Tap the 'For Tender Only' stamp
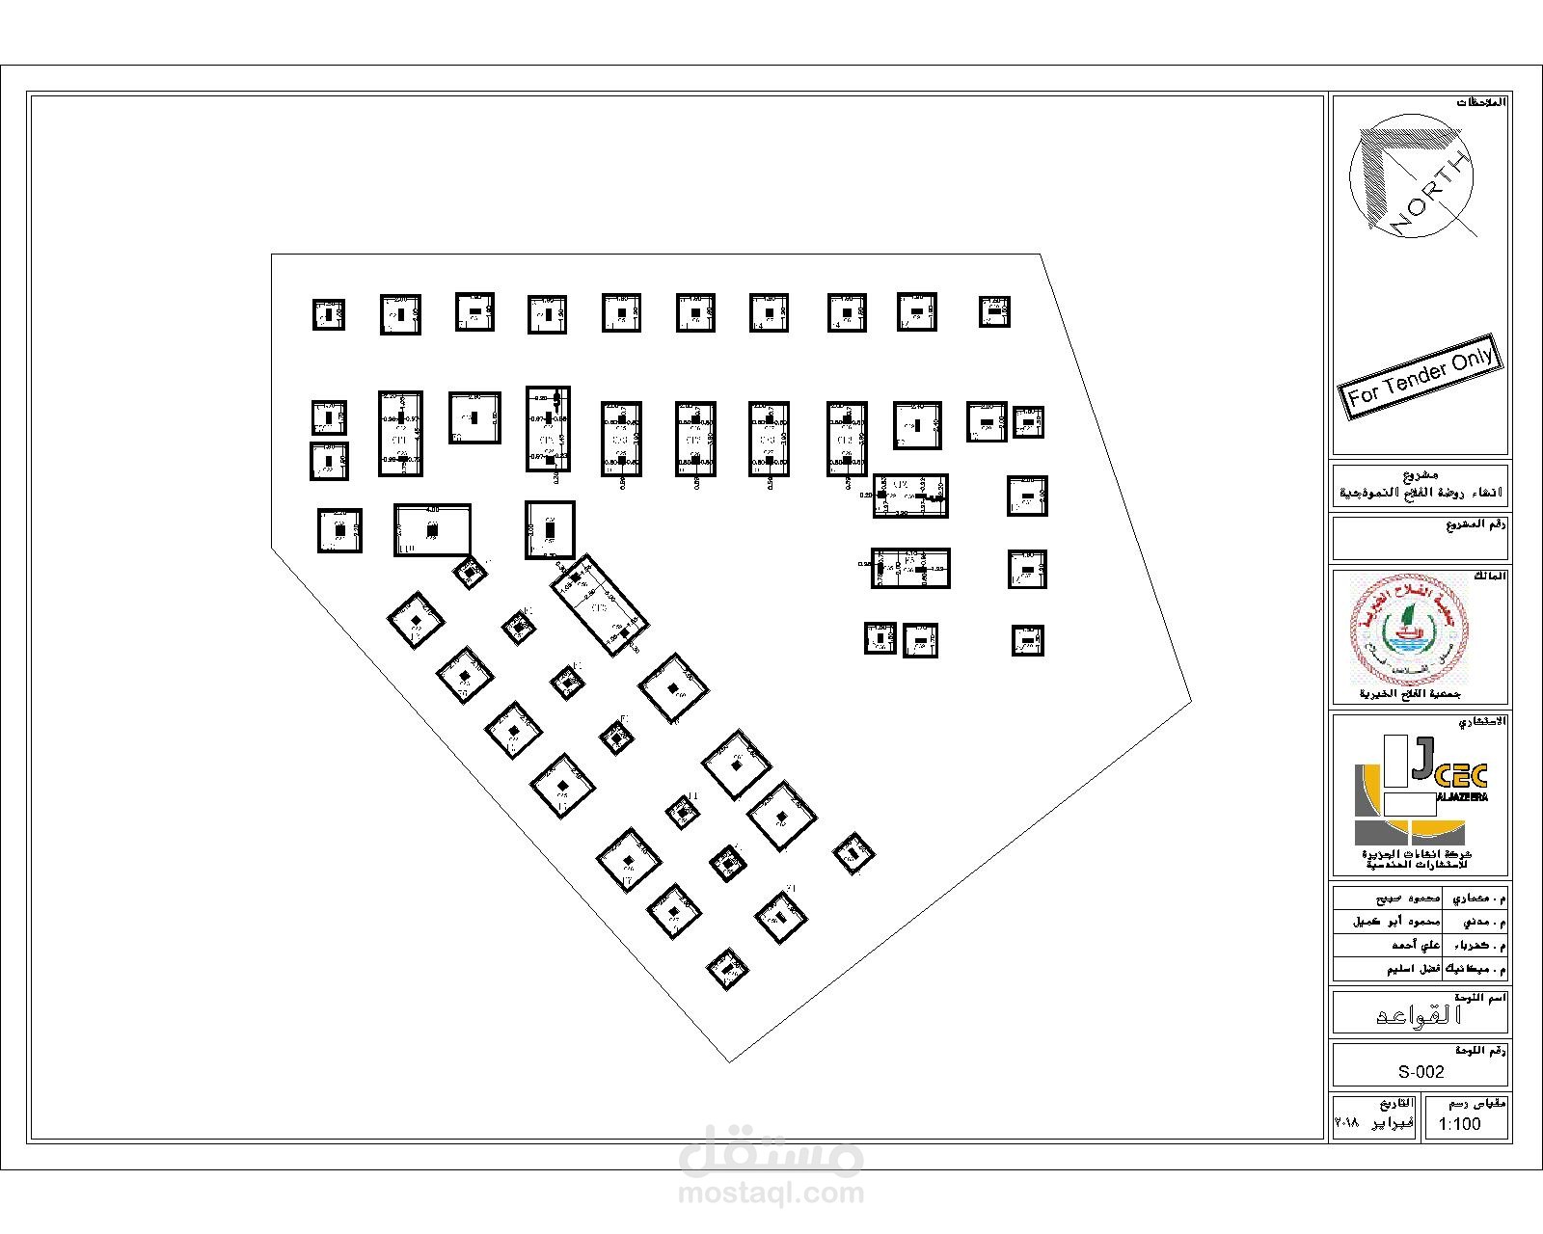pyautogui.click(x=1420, y=377)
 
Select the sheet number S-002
pyautogui.click(x=1421, y=1071)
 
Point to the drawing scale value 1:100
pyautogui.click(x=1459, y=1124)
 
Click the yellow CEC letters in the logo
pyautogui.click(x=1463, y=775)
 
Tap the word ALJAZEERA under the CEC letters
pyautogui.click(x=1463, y=797)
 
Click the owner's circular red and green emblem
pyautogui.click(x=1409, y=628)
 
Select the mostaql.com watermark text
pyautogui.click(x=771, y=1194)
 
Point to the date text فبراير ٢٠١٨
pyautogui.click(x=1373, y=1124)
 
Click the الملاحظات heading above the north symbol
pyautogui.click(x=1480, y=102)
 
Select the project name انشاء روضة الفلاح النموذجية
pyautogui.click(x=1421, y=493)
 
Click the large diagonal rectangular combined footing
pyautogui.click(x=599, y=605)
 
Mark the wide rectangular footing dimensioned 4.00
pyautogui.click(x=432, y=529)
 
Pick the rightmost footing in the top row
pyautogui.click(x=994, y=311)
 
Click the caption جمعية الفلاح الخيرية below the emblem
pyautogui.click(x=1410, y=694)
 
